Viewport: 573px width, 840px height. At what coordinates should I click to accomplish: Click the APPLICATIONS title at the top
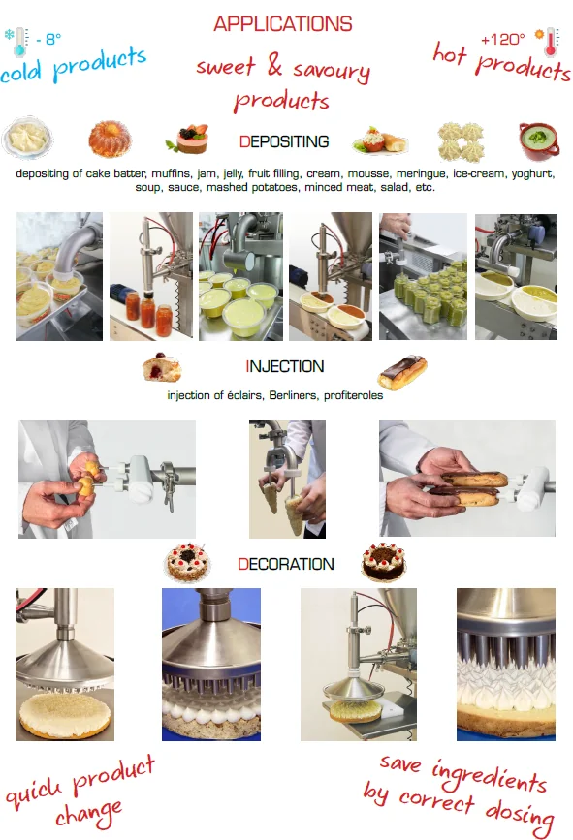(282, 24)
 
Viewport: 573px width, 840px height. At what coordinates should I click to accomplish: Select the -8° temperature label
(48, 39)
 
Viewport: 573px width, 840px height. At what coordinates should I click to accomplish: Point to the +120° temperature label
(502, 39)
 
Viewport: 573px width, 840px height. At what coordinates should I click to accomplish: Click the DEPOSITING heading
(284, 141)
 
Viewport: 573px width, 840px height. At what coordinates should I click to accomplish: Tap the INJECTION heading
(285, 366)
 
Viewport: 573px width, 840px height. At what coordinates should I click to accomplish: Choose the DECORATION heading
(286, 564)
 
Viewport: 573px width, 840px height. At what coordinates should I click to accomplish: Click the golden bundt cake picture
(110, 139)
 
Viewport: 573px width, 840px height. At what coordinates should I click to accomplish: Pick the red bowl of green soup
(539, 141)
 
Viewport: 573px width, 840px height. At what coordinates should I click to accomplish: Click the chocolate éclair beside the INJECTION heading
(402, 372)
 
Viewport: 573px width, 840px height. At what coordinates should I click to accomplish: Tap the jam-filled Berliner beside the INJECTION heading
(162, 367)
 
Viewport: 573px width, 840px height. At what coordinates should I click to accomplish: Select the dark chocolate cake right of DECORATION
(383, 562)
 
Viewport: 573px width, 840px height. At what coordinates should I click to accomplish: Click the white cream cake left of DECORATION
(186, 563)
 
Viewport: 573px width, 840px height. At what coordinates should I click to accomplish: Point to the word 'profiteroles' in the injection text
(353, 395)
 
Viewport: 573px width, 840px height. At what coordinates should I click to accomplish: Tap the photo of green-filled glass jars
(423, 276)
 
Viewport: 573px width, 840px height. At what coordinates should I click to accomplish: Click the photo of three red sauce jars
(151, 276)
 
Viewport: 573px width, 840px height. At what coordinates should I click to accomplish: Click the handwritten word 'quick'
(34, 792)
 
